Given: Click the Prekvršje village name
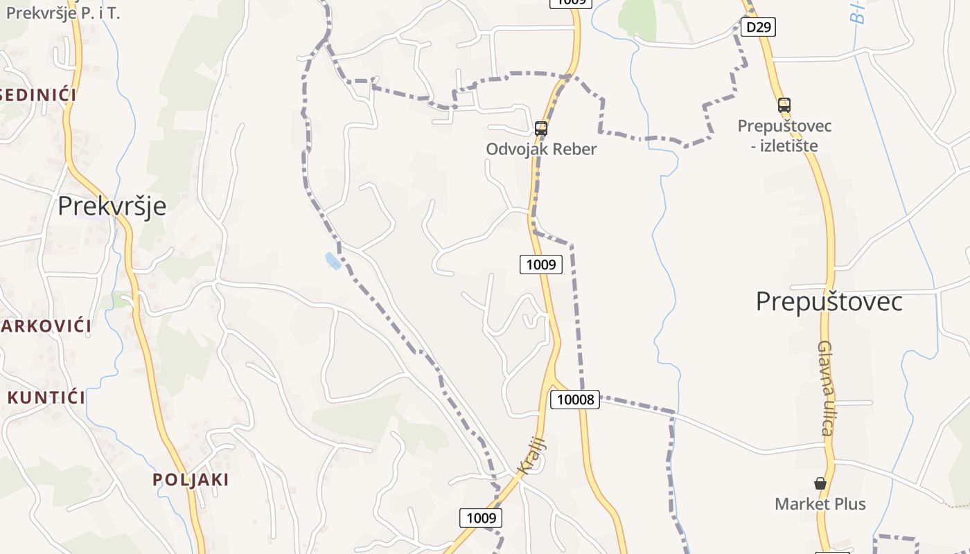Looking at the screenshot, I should (112, 206).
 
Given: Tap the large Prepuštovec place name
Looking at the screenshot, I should (829, 302).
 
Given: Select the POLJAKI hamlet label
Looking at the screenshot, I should (191, 479).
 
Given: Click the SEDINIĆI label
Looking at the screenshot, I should (37, 94).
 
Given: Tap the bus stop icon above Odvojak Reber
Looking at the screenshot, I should (540, 128).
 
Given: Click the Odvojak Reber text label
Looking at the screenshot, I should (540, 149).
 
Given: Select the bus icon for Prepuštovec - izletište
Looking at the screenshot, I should (784, 105).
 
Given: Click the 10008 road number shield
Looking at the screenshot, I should (574, 399).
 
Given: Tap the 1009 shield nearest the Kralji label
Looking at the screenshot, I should (481, 517).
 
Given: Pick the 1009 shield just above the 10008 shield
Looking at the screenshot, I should (541, 264).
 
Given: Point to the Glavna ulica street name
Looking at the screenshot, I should (824, 388).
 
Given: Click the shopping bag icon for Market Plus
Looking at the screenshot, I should (820, 483).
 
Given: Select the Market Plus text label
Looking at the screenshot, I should (820, 503).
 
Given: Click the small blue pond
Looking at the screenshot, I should (333, 260).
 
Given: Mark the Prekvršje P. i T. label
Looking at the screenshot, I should (62, 12).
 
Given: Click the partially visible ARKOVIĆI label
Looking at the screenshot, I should (46, 325).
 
